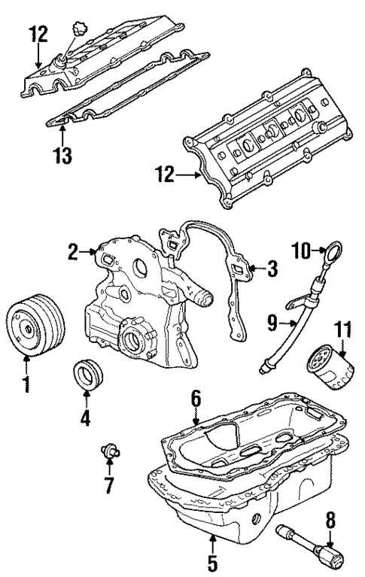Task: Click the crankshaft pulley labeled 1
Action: pos(35,328)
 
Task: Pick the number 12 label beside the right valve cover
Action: pos(167,175)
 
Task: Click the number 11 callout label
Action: pos(342,327)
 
